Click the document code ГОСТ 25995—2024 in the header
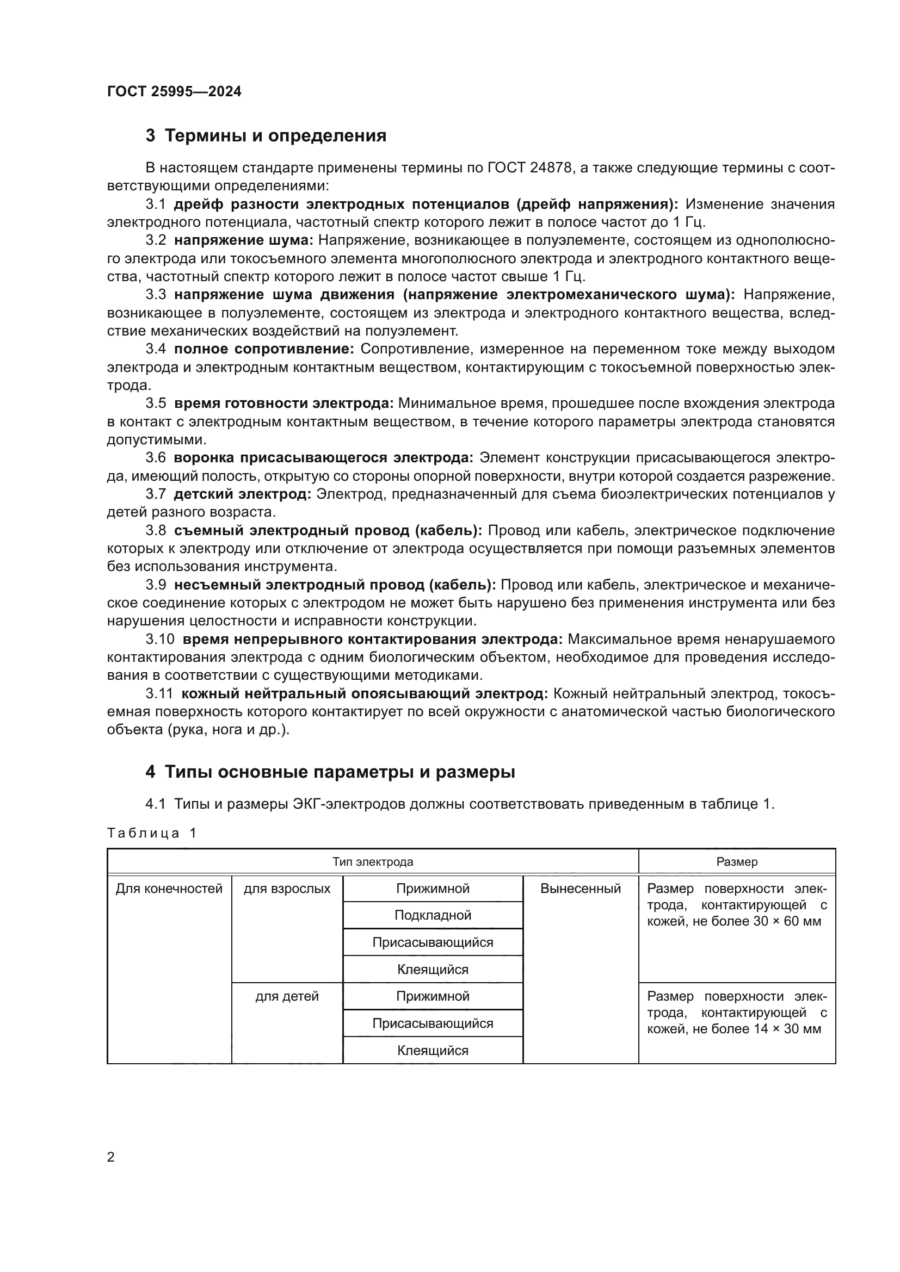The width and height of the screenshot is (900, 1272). point(174,91)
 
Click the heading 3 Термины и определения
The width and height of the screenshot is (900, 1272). point(266,136)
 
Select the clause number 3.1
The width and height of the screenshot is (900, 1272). point(156,204)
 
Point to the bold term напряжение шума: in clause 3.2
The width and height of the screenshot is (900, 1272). point(244,240)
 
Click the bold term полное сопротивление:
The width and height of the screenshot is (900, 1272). point(264,349)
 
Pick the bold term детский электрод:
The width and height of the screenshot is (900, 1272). point(242,494)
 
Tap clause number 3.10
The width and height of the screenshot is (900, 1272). point(159,640)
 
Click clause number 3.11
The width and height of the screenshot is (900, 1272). point(159,693)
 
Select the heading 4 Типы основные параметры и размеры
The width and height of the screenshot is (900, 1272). point(330,772)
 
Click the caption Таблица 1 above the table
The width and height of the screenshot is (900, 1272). point(151,833)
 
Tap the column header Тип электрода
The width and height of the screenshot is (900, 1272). point(372,862)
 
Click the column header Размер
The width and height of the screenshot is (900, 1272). point(737,862)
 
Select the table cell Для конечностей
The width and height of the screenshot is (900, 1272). point(169,889)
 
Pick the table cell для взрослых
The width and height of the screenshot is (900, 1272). point(287,889)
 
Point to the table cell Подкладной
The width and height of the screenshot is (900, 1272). point(433,915)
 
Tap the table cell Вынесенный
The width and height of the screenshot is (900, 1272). point(580,889)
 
